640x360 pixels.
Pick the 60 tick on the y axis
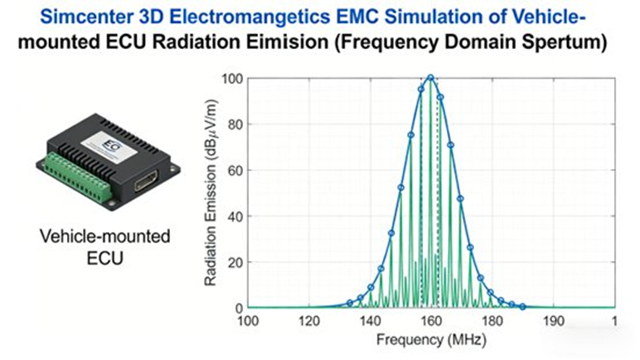point(235,170)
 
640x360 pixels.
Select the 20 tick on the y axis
point(235,262)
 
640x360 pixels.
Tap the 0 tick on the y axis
point(238,307)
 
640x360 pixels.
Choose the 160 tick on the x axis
point(430,322)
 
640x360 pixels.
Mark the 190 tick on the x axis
point(553,322)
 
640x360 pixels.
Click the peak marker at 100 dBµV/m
point(430,77)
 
